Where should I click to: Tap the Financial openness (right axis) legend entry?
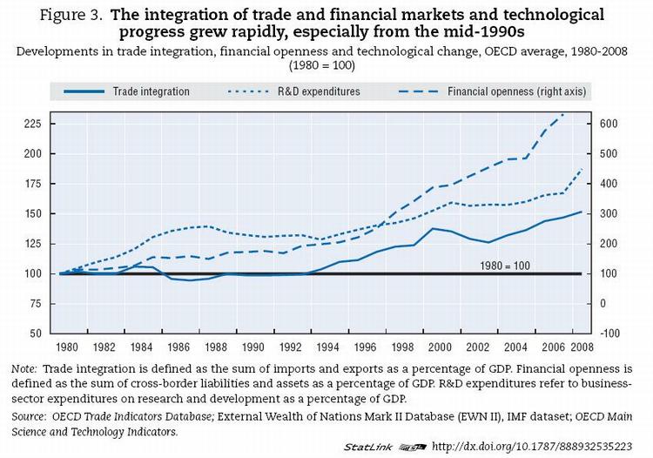[x=516, y=91]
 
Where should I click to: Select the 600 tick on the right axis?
[x=609, y=124]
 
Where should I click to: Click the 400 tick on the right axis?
[x=609, y=184]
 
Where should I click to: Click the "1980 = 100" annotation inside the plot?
[x=505, y=265]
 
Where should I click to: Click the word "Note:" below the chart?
[x=24, y=369]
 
